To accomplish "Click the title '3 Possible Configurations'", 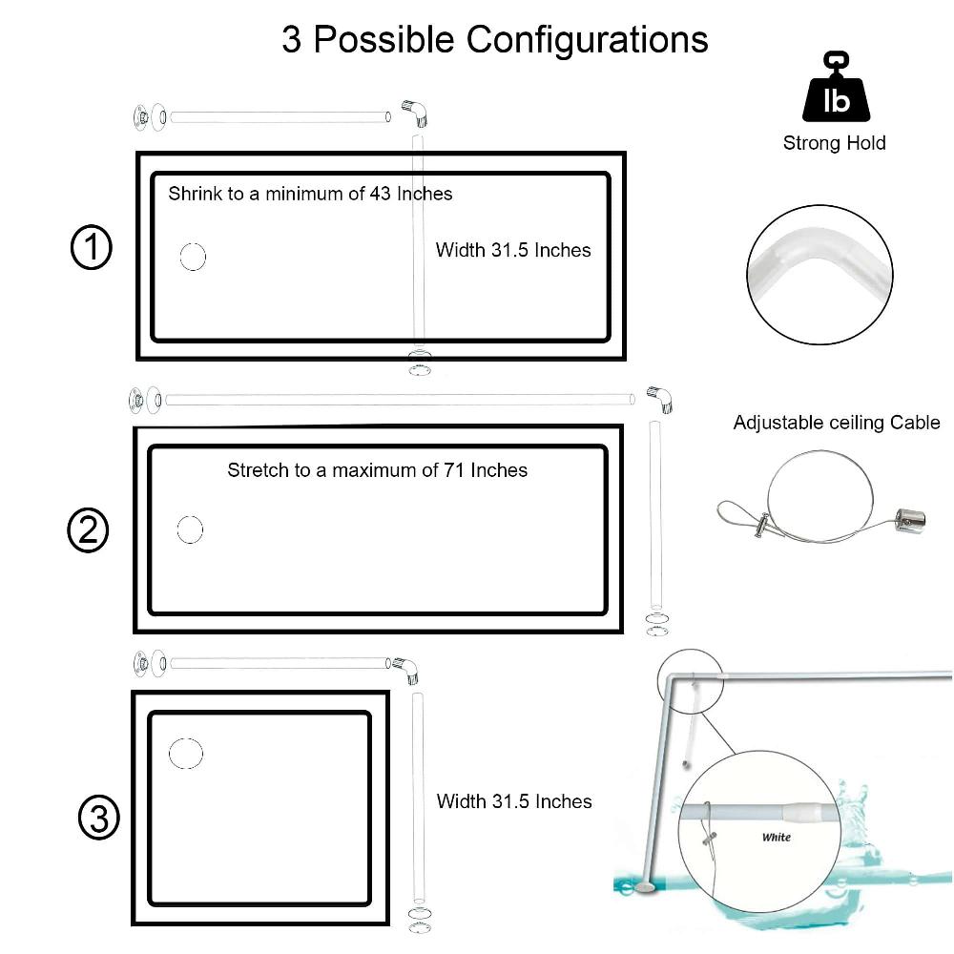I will pyautogui.click(x=494, y=40).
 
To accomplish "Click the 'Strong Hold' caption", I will pyautogui.click(x=834, y=143).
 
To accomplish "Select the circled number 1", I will pyautogui.click(x=92, y=248).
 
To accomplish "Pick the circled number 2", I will pyautogui.click(x=88, y=530).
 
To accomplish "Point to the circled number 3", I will pyautogui.click(x=98, y=819).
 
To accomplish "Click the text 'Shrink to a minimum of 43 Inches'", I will pyautogui.click(x=310, y=194).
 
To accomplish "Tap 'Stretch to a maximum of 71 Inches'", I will pyautogui.click(x=377, y=469).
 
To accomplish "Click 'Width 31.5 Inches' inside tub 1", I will pyautogui.click(x=513, y=250).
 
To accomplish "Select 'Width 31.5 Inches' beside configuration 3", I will pyautogui.click(x=514, y=801).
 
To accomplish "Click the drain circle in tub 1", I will pyautogui.click(x=193, y=257).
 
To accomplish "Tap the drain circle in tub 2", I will pyautogui.click(x=190, y=529).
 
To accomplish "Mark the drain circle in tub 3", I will pyautogui.click(x=186, y=754).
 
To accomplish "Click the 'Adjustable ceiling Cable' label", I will pyautogui.click(x=836, y=423).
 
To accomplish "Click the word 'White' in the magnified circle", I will pyautogui.click(x=776, y=838).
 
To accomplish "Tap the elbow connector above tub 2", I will pyautogui.click(x=659, y=399).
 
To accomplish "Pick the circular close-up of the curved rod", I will pyautogui.click(x=819, y=270).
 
